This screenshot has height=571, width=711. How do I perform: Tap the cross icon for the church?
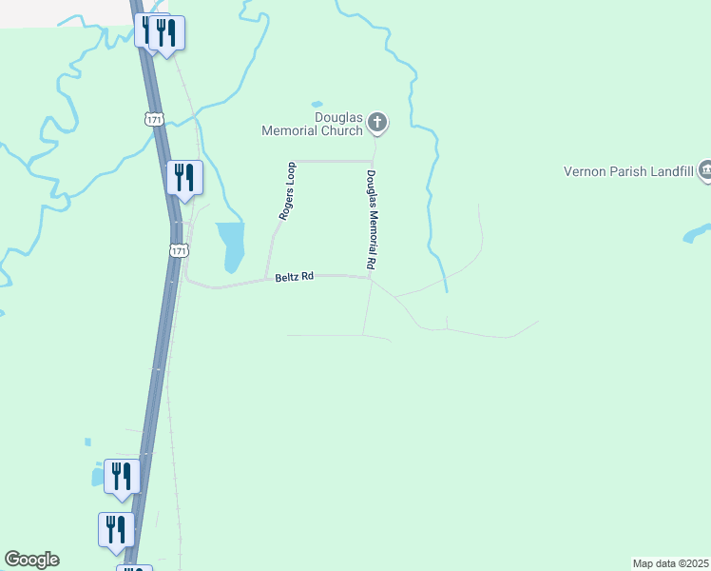[377, 122]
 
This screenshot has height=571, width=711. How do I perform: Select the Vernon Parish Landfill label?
[627, 171]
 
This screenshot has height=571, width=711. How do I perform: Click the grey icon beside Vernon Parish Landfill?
[705, 170]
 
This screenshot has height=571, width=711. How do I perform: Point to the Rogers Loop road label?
[287, 191]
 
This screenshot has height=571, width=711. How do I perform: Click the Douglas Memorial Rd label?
[372, 219]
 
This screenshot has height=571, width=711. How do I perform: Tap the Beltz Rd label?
[293, 277]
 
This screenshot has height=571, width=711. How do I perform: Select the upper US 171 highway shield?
[155, 119]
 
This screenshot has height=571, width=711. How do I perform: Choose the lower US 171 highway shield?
[180, 250]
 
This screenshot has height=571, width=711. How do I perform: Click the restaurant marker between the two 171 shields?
[185, 178]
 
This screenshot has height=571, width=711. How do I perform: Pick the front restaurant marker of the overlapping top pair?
[167, 33]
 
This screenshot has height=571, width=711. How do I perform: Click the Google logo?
[31, 560]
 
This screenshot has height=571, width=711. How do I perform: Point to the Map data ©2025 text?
[671, 563]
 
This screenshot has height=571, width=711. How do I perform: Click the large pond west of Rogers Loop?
[230, 244]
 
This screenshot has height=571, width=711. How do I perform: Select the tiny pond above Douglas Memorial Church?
[317, 104]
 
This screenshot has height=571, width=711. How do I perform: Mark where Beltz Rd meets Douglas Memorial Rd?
[369, 278]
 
